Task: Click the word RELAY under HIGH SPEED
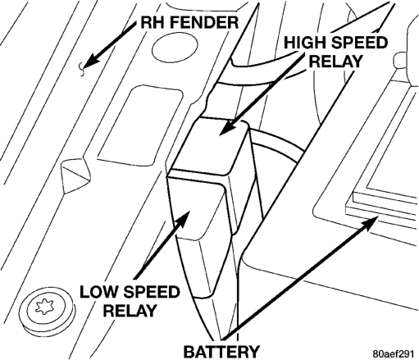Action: coord(335,62)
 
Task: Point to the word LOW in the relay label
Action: coord(97,292)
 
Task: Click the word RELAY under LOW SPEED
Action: coord(130,311)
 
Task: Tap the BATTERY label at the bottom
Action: coord(221,351)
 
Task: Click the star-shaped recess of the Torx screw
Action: coord(44,307)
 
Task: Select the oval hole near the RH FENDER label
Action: coord(175,48)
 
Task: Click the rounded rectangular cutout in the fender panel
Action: coord(140,124)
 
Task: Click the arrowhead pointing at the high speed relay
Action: coord(227,128)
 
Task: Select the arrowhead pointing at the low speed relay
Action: coord(183,218)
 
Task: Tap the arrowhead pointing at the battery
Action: coord(371,223)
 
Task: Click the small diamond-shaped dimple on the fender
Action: coord(75,175)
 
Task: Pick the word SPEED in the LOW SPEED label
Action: coord(150,292)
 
